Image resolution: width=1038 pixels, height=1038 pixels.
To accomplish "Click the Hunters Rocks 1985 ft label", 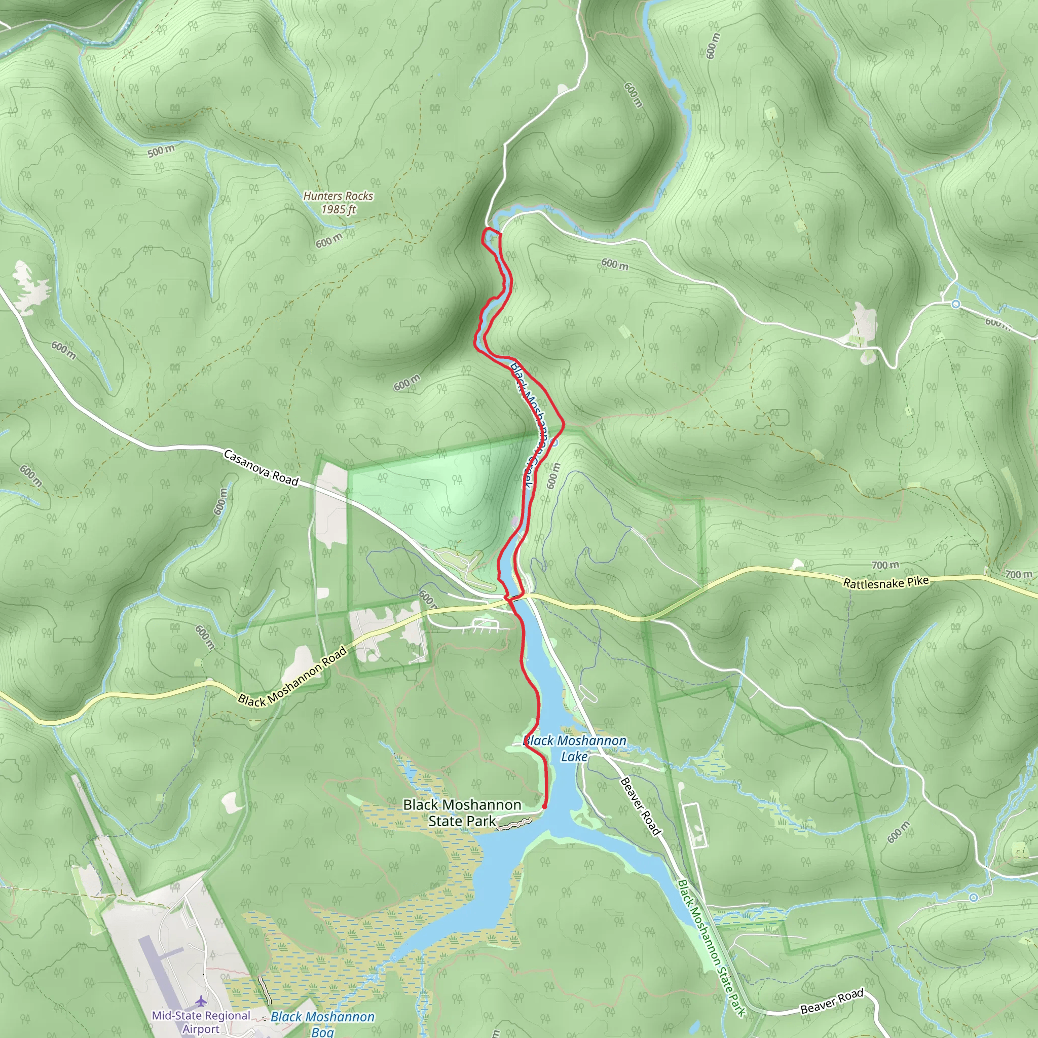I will click(x=338, y=203).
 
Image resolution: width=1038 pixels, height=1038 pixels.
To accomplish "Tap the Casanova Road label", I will click(x=261, y=467).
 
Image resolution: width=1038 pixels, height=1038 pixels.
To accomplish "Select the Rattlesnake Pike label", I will click(x=885, y=582).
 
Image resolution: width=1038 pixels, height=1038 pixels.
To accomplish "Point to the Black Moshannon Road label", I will click(x=293, y=678).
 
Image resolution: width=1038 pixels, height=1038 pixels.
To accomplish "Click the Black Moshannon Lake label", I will click(x=575, y=749).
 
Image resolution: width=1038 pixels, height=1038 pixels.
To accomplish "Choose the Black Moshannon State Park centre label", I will click(x=462, y=812).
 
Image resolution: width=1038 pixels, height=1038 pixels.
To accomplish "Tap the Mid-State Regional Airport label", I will click(x=201, y=1022).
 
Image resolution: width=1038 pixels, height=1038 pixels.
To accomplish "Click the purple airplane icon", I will click(x=201, y=1001).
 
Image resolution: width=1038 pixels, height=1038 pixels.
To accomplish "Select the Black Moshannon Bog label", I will click(x=322, y=1023).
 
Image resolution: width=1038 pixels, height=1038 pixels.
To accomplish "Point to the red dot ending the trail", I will click(x=544, y=806).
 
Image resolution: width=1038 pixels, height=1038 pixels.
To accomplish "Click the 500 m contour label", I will click(x=161, y=151).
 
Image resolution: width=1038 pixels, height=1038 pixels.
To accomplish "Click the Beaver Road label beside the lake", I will click(x=640, y=806).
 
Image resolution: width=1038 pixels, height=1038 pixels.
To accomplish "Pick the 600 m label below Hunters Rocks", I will click(x=329, y=240).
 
